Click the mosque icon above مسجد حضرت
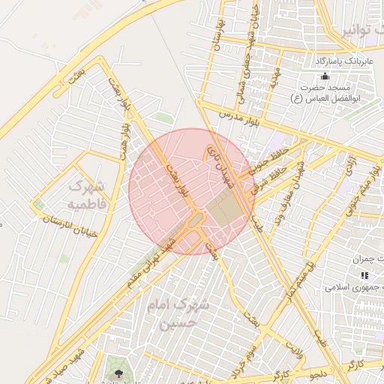[325, 76]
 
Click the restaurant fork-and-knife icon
[364, 276]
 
